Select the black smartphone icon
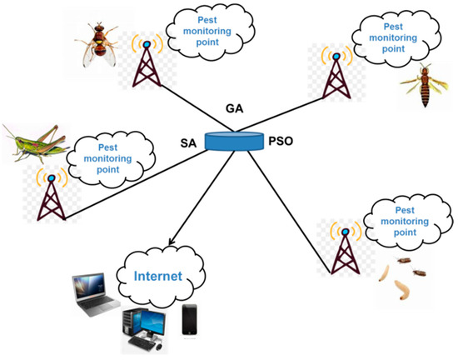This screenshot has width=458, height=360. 190,320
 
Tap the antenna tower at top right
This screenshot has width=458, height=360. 336,74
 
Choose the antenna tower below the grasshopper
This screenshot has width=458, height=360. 52,197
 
